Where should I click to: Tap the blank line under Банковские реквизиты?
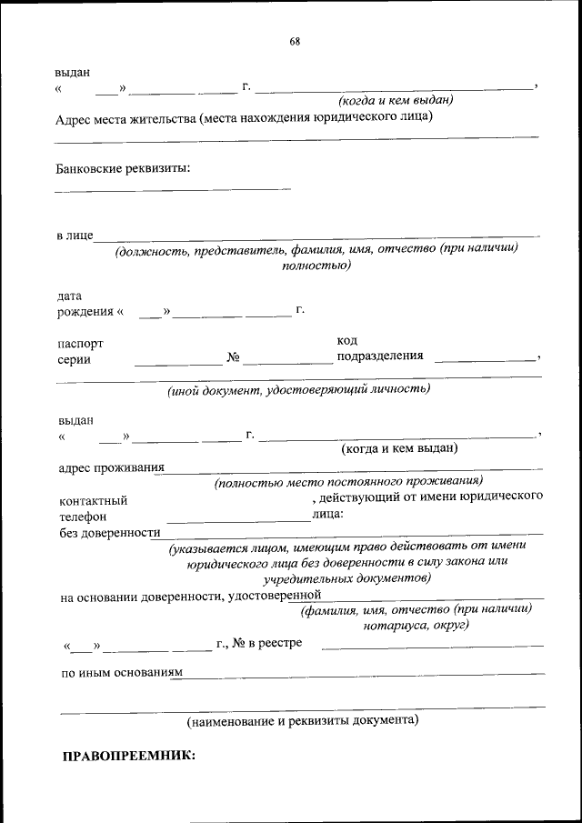click(x=173, y=189)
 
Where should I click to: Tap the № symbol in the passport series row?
click(x=233, y=357)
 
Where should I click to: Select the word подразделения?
click(x=380, y=356)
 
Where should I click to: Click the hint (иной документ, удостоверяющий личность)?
click(x=297, y=389)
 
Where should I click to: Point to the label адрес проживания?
click(x=111, y=467)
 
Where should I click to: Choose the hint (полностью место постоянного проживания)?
click(x=348, y=482)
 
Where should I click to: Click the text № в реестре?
click(x=267, y=644)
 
